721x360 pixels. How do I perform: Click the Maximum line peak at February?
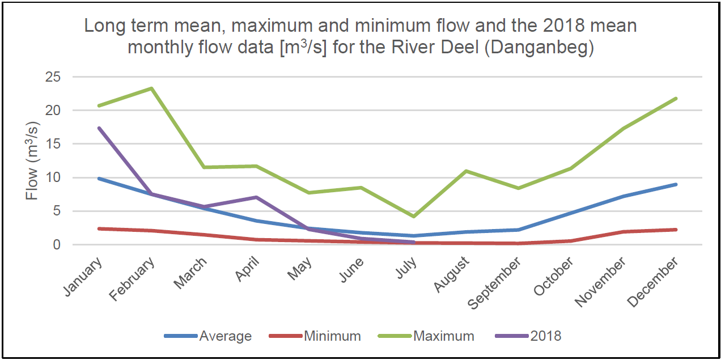[151, 88]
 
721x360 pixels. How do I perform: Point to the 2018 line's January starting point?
[99, 128]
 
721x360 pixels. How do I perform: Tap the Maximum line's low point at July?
[414, 217]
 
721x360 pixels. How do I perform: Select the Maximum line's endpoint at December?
[676, 99]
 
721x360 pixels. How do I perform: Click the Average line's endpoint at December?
[676, 184]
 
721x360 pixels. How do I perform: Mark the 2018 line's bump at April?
[257, 197]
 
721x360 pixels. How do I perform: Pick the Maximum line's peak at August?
[466, 171]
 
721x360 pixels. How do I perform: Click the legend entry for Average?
[208, 336]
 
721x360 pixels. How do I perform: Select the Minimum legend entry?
[315, 336]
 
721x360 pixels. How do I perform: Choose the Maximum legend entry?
[426, 336]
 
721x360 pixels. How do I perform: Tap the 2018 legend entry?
[528, 336]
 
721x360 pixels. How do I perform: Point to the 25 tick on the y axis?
[53, 77]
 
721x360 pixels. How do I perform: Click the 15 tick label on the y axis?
[53, 144]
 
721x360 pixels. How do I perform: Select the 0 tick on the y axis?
[57, 245]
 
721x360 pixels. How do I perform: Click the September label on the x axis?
[494, 283]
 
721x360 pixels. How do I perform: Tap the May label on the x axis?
[299, 268]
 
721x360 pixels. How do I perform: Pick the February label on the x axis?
[132, 279]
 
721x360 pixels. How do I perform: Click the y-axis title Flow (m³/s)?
[32, 160]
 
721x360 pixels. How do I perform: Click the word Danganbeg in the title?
[539, 47]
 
